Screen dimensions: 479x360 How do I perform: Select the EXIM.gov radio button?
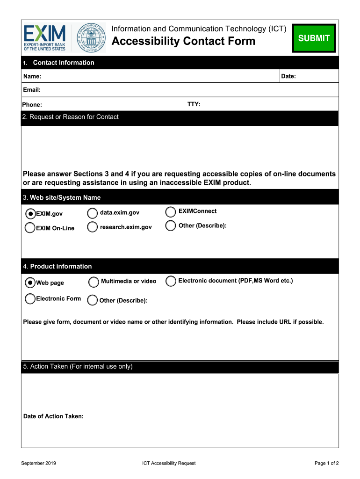point(30,214)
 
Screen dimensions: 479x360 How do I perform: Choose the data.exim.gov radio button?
point(93,213)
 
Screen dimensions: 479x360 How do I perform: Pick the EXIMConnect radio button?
point(171,212)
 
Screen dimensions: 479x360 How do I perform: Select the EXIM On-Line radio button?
point(29,228)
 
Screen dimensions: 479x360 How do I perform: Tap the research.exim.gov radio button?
point(93,227)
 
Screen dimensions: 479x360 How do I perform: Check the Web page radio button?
point(30,283)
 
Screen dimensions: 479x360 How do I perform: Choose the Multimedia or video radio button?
point(94,282)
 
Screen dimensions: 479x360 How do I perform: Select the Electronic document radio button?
point(171,281)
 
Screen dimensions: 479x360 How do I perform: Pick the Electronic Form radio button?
point(30,298)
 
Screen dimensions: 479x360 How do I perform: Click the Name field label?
point(32,76)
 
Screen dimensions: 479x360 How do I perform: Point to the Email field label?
point(32,90)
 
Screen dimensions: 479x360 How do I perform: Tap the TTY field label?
point(194,104)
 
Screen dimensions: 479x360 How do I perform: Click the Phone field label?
point(32,105)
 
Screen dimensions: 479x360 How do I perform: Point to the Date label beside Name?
point(288,76)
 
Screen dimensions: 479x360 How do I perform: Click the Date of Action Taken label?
point(53,416)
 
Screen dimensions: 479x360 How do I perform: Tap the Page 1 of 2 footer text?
point(326,463)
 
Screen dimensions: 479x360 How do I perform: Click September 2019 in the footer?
point(39,463)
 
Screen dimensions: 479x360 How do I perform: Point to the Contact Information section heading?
point(63,63)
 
